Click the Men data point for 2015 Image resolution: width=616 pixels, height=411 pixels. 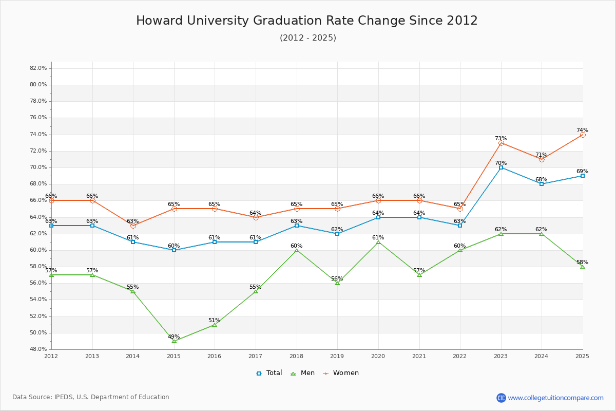[174, 341]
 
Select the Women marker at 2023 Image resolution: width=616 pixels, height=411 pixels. [501, 143]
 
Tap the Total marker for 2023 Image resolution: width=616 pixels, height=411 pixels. [501, 167]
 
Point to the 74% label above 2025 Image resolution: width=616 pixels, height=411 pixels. [582, 130]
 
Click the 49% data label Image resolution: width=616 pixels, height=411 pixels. [174, 337]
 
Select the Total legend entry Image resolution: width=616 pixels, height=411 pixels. [269, 373]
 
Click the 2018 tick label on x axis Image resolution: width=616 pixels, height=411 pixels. [297, 356]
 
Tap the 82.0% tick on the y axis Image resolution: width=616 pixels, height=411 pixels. [38, 68]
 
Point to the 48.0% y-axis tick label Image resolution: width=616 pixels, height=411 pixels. [38, 349]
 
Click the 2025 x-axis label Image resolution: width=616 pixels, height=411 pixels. [582, 356]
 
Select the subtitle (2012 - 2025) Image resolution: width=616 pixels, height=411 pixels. [308, 38]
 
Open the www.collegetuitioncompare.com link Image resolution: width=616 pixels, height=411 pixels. [555, 398]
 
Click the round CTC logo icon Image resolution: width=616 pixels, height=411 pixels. [501, 398]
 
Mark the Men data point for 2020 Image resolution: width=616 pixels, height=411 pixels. [378, 242]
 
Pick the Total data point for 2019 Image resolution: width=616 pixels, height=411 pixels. [337, 234]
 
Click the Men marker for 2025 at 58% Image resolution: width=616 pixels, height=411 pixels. [583, 267]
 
